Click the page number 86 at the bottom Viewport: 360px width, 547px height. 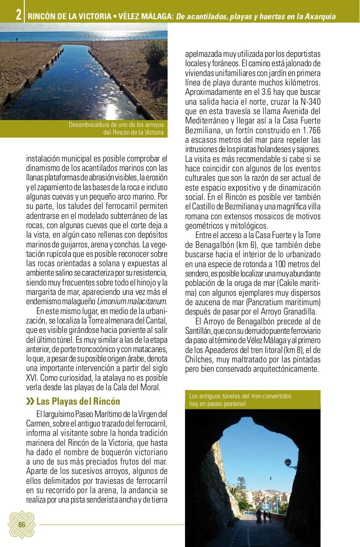(x=22, y=525)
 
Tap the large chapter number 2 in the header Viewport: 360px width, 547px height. (x=18, y=15)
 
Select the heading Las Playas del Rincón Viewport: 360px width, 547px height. (x=78, y=402)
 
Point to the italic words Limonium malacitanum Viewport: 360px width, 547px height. (x=132, y=302)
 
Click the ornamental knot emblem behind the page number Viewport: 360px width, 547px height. (x=21, y=525)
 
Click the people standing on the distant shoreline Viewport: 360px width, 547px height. (x=15, y=40)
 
